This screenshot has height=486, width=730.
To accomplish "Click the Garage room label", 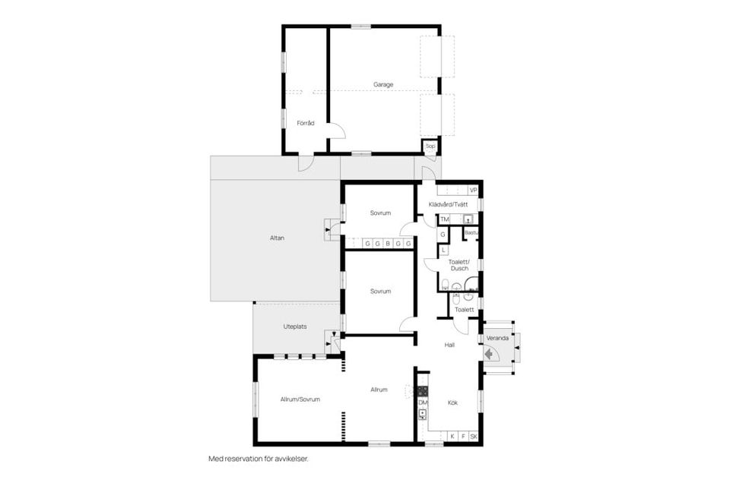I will pos(382,84).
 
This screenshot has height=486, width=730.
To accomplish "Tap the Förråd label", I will pos(305,122).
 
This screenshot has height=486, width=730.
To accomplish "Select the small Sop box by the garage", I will pos(430,146).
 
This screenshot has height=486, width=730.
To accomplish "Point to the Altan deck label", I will pos(277,238).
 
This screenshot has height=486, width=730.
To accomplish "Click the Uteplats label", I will pos(294,327).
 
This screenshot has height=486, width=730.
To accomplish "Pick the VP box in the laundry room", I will pos(473,190).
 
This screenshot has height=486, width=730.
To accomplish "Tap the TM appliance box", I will pos(445,219).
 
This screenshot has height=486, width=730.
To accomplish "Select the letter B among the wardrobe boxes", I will pos(388,244).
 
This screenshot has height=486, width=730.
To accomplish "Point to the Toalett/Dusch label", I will pos(459,265).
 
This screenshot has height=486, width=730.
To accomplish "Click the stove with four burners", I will pos(423,392).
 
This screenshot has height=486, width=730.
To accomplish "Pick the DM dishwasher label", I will pos(423,402).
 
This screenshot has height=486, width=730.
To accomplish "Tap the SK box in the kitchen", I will pos(473,437).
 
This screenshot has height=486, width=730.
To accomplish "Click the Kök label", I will pos(452,402).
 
